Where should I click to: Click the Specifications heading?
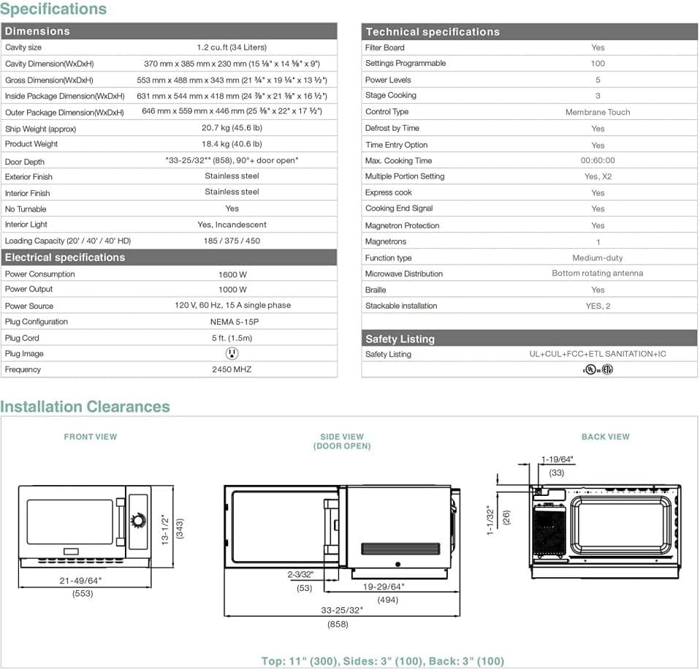click(53, 10)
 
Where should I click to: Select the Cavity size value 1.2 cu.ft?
click(232, 48)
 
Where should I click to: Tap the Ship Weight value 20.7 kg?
click(232, 129)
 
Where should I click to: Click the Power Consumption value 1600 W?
click(232, 274)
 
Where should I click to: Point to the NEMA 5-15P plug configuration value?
click(232, 322)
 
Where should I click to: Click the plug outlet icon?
click(232, 353)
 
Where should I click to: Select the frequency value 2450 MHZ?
click(232, 369)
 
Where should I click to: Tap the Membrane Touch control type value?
click(597, 112)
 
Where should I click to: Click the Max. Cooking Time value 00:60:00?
click(597, 161)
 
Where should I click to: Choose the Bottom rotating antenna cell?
click(597, 274)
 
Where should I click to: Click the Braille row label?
click(376, 290)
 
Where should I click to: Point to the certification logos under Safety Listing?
click(597, 369)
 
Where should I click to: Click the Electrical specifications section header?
click(65, 257)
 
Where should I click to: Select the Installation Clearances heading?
click(85, 407)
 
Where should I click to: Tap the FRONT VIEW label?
click(91, 437)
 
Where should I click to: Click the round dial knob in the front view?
click(137, 520)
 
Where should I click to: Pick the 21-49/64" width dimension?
click(83, 580)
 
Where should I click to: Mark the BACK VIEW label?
click(605, 437)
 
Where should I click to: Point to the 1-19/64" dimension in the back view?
click(557, 459)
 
